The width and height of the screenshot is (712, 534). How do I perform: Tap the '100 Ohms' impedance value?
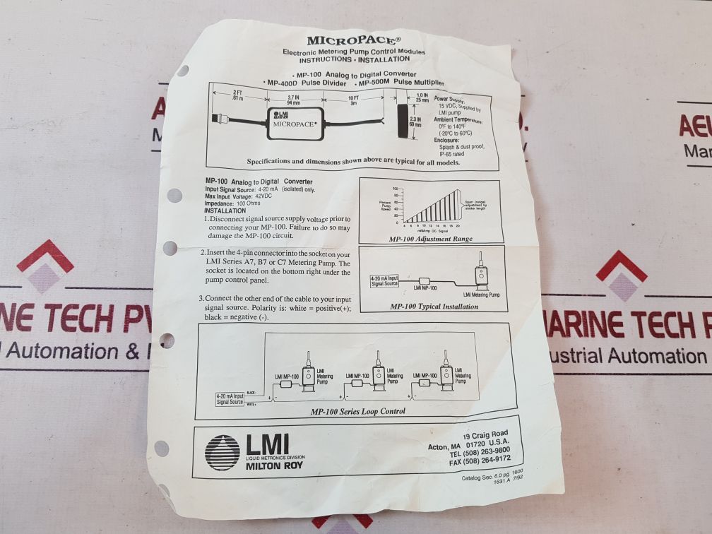pyautogui.click(x=252, y=203)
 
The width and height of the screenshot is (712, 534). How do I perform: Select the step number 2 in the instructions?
pyautogui.click(x=203, y=252)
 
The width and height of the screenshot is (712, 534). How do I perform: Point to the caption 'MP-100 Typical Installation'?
pyautogui.click(x=434, y=307)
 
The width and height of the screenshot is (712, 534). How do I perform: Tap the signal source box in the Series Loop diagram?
pyautogui.click(x=230, y=399)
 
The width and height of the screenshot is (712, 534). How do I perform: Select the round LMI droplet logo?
pyautogui.click(x=222, y=452)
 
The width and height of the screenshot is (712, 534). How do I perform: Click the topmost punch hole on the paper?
pyautogui.click(x=183, y=71)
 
